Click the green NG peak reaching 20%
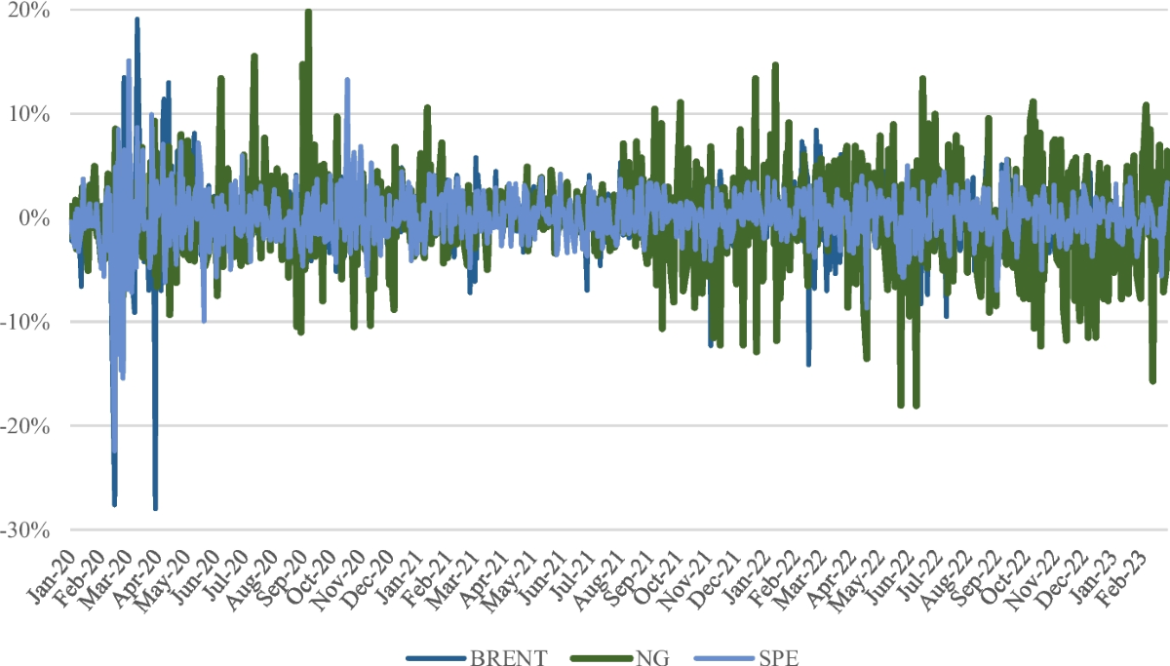tap(308, 12)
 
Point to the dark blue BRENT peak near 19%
tap(136, 20)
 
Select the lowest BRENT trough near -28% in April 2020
tap(155, 507)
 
